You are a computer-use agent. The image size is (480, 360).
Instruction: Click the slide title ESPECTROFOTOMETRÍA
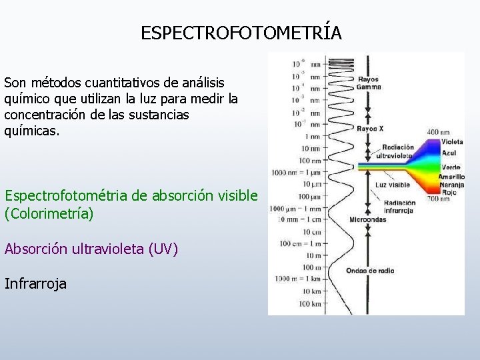point(241,33)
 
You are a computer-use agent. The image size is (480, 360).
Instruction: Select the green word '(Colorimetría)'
point(49,214)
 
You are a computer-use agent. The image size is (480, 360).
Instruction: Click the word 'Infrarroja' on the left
point(35,284)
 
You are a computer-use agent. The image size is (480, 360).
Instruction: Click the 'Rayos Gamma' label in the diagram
point(369,83)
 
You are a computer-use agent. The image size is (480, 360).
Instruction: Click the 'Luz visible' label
point(393,185)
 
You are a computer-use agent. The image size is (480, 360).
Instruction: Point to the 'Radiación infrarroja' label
point(399,207)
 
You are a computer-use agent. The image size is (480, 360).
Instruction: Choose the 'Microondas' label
point(367,219)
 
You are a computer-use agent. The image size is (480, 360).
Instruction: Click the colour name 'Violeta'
point(452,141)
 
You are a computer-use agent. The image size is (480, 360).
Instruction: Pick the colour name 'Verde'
point(451,167)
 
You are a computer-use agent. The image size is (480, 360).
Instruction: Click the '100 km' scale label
point(309,304)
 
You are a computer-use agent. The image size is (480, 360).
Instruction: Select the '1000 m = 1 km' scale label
point(295,279)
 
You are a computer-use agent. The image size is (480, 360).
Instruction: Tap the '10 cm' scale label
point(311,232)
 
